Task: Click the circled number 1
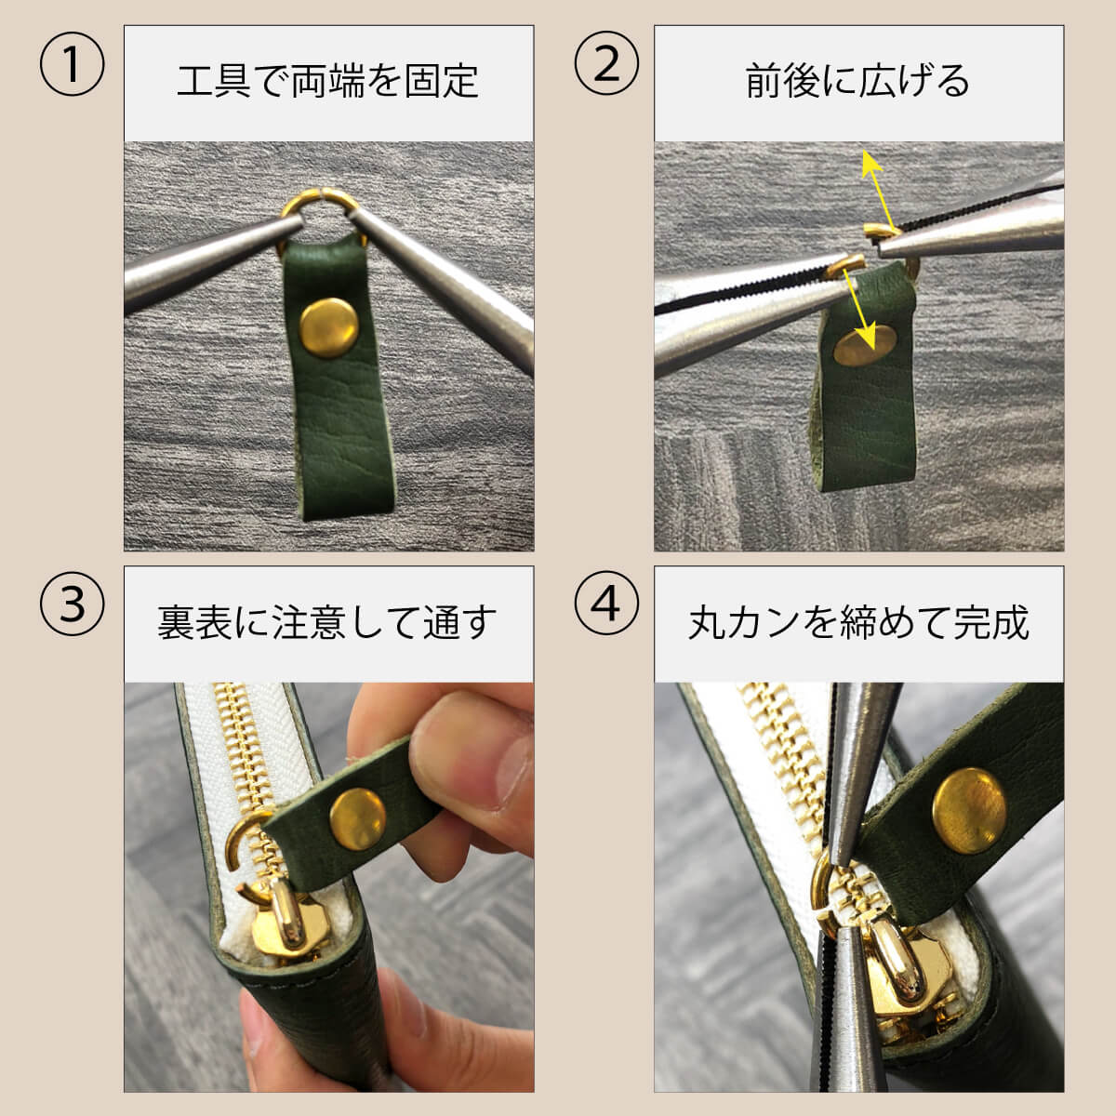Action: pyautogui.click(x=72, y=64)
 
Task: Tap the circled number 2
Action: pyautogui.click(x=606, y=64)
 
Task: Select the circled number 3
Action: pyautogui.click(x=72, y=604)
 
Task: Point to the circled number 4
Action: pyautogui.click(x=606, y=604)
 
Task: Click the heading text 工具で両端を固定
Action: pyautogui.click(x=327, y=81)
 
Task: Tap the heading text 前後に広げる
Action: pyautogui.click(x=857, y=81)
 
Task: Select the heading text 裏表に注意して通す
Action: pyautogui.click(x=327, y=622)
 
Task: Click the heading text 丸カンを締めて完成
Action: pyautogui.click(x=858, y=622)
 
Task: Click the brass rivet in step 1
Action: pyautogui.click(x=329, y=326)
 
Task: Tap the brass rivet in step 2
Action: pyautogui.click(x=865, y=346)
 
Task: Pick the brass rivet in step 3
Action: pyautogui.click(x=358, y=818)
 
